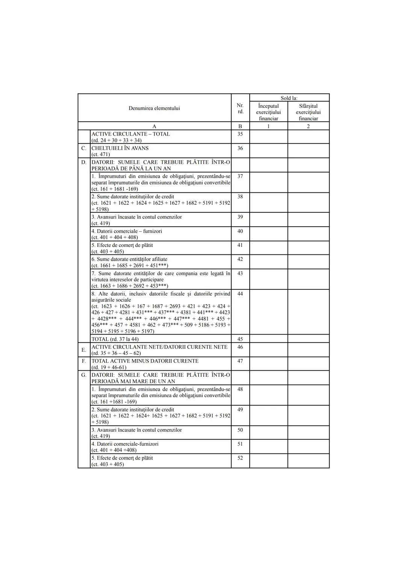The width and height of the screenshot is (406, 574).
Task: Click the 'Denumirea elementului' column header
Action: (x=154, y=108)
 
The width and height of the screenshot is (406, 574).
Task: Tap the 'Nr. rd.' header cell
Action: (x=240, y=108)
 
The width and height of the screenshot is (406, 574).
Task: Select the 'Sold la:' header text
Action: (x=289, y=98)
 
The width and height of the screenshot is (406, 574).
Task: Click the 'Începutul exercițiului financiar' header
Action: (x=268, y=112)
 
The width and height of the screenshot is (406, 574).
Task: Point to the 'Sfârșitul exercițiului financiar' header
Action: (x=308, y=112)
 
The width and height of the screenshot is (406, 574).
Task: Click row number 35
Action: (x=240, y=134)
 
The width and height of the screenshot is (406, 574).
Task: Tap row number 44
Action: (x=240, y=294)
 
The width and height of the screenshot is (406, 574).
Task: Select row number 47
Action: (x=240, y=361)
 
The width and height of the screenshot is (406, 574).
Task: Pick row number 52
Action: (x=240, y=458)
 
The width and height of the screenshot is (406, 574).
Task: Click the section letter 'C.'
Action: (x=84, y=148)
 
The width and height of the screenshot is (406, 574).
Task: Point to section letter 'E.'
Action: (x=84, y=350)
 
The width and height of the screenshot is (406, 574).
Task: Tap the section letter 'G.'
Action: (x=84, y=375)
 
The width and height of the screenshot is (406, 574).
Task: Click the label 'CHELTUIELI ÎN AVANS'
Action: (x=120, y=148)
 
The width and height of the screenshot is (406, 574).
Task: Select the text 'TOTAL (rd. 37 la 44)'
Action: (x=115, y=339)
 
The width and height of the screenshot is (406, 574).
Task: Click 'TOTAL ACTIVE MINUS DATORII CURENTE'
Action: (x=145, y=361)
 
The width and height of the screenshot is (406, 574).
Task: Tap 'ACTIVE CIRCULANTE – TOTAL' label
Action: (x=130, y=134)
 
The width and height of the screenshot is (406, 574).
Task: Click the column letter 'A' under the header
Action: (x=154, y=126)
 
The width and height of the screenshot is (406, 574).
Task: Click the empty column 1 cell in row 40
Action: (x=268, y=234)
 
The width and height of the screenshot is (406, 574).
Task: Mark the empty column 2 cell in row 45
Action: (x=308, y=339)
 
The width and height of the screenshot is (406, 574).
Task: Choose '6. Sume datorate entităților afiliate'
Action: (x=129, y=259)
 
